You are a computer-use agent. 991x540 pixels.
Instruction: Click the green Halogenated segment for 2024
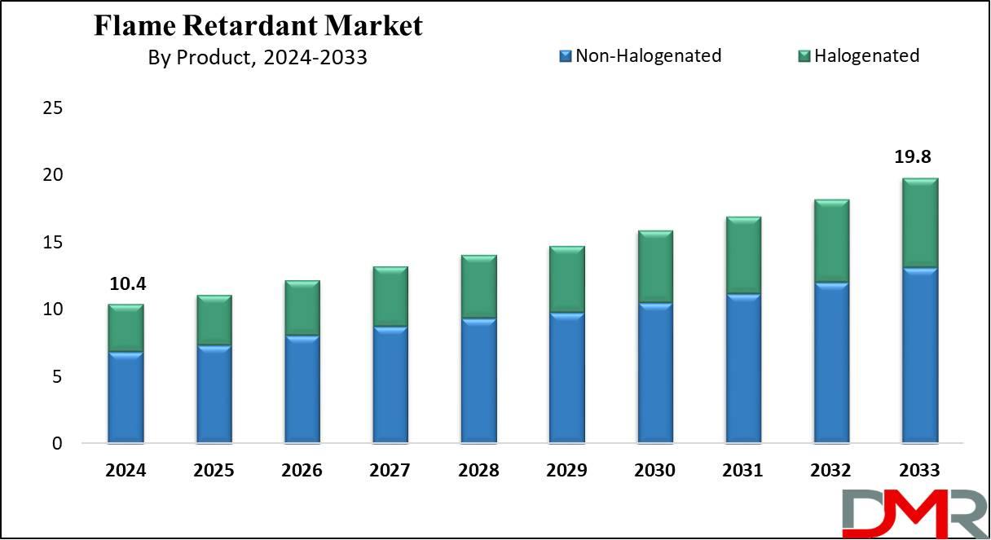tap(126, 328)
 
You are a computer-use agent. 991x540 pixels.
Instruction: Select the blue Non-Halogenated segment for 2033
tap(920, 355)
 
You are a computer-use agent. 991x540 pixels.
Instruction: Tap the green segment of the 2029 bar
tap(567, 279)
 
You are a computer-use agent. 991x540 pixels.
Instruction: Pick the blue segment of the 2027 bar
tap(390, 384)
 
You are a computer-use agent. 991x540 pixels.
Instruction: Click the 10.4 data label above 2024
tap(127, 284)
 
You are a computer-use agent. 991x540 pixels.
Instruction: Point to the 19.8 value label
tap(913, 156)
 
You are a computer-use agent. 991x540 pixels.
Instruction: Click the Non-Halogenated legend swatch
tap(566, 56)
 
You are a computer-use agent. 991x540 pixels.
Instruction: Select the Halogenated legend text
tap(866, 55)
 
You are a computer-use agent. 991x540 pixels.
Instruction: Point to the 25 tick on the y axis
tap(53, 108)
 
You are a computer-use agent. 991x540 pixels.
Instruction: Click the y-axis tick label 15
tap(53, 243)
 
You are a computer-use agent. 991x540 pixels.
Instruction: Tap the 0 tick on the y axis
tap(57, 443)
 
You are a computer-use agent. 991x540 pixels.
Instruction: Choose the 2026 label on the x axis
tap(302, 470)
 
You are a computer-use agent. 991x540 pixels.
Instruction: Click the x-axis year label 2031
tap(742, 470)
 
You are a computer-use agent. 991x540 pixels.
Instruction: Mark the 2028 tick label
tap(478, 470)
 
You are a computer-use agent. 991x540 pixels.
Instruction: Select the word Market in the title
tap(374, 25)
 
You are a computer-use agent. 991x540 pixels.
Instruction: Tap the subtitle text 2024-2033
tap(315, 58)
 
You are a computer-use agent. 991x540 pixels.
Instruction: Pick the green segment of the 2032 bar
tap(832, 241)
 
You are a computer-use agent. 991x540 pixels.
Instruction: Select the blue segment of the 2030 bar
tap(655, 373)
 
